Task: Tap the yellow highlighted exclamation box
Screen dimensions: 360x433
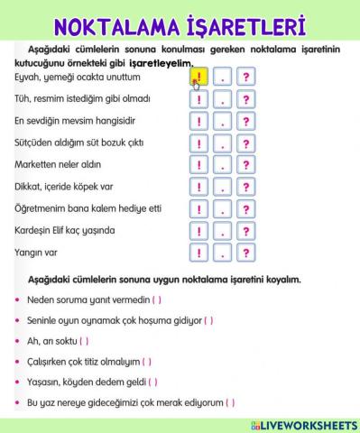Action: [x=198, y=78]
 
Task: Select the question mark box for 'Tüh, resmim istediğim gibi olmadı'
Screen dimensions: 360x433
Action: [x=245, y=99]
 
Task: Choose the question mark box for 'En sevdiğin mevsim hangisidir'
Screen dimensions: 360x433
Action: [x=245, y=121]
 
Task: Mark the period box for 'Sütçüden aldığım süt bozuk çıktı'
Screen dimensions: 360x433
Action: [x=222, y=143]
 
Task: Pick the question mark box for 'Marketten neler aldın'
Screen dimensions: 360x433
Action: [x=245, y=165]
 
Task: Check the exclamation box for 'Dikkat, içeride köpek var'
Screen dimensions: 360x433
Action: [x=198, y=188]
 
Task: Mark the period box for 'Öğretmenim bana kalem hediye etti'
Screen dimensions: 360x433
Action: [x=222, y=209]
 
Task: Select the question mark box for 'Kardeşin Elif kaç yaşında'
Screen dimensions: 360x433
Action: [x=245, y=231]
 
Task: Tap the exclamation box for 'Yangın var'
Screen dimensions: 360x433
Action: [x=198, y=253]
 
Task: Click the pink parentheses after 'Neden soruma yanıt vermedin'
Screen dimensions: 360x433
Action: [x=157, y=299]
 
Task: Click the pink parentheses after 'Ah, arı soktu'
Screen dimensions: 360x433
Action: [x=84, y=341]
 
